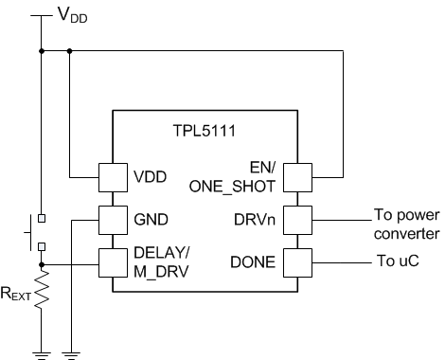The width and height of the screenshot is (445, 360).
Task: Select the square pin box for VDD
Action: [x=114, y=177]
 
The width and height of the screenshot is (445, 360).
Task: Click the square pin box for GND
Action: [x=114, y=219]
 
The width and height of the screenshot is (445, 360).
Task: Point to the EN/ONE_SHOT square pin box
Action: [x=297, y=177]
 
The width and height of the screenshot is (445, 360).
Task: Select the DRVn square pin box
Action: [x=297, y=219]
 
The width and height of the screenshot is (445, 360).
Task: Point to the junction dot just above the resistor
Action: [x=42, y=265]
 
